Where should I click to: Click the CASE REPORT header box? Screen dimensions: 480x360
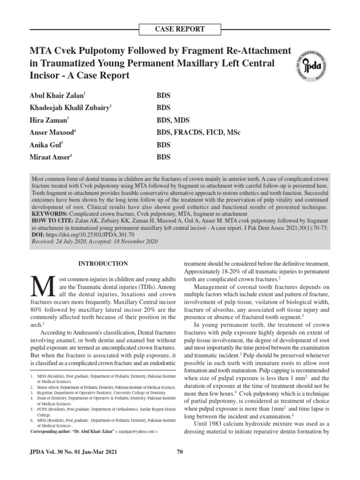(180, 29)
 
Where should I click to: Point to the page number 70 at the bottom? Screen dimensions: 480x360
(180, 452)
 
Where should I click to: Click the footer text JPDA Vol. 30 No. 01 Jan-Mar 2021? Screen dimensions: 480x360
(73, 452)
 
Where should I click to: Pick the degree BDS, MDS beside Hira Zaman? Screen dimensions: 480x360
(172, 120)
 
